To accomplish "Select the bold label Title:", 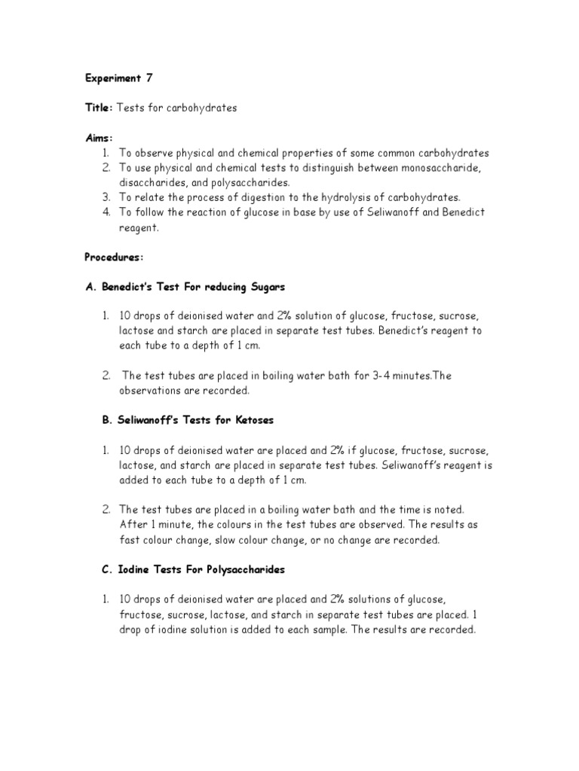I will coord(98,108).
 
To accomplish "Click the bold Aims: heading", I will coord(98,138).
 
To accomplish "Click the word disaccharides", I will coord(152,182).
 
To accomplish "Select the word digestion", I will coord(265,197).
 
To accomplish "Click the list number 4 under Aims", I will coord(107,212).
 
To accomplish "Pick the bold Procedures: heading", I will coord(113,257).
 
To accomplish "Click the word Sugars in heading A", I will coord(265,287).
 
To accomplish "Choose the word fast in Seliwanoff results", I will coord(131,540).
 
